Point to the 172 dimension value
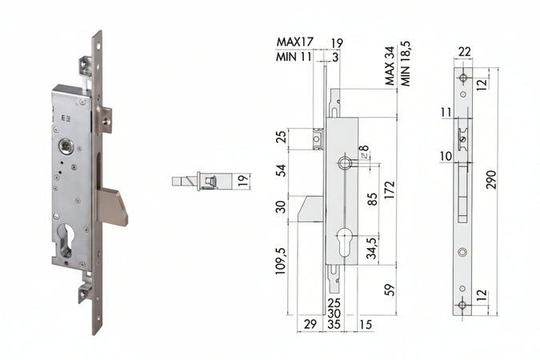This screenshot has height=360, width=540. click(389, 190)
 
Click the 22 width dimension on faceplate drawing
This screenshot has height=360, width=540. click(463, 52)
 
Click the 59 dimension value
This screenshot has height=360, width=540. click(389, 289)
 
